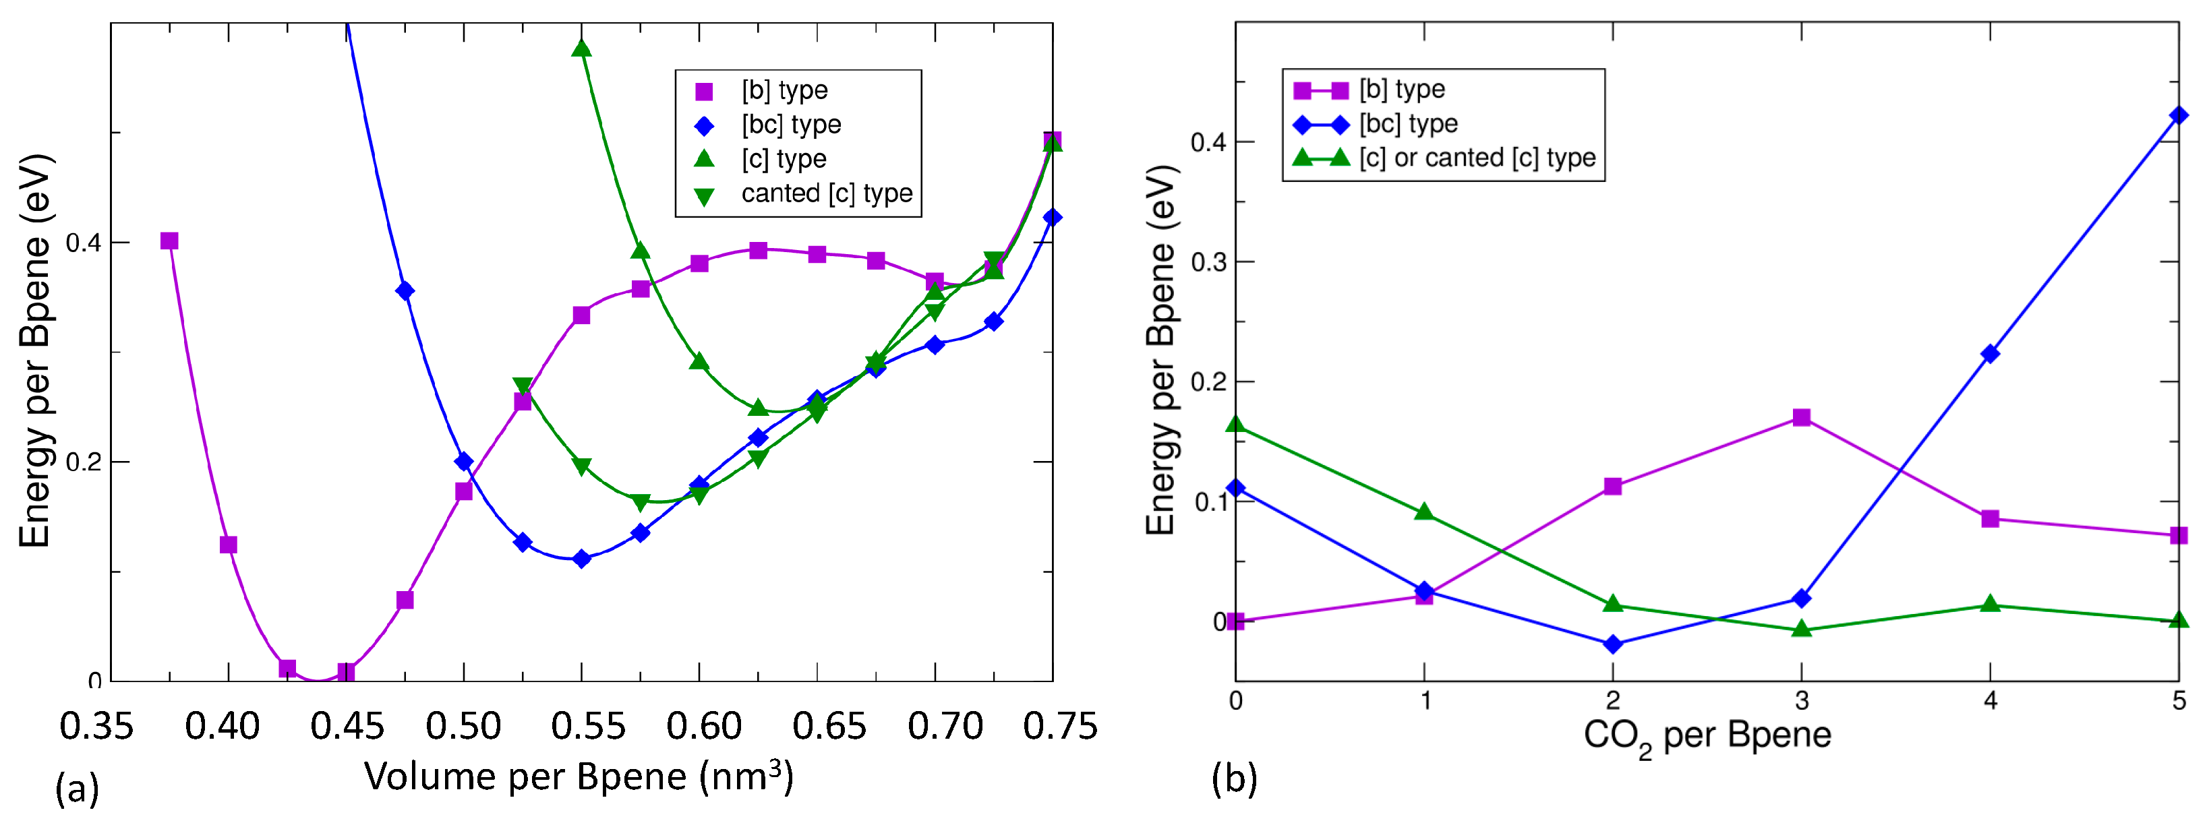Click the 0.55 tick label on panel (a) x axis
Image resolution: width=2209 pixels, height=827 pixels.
click(x=587, y=727)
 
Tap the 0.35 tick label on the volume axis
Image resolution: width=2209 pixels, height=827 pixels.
click(x=96, y=727)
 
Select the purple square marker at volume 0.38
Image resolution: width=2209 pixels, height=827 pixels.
click(x=170, y=241)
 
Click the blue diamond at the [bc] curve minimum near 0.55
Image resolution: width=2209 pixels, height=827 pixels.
click(x=581, y=559)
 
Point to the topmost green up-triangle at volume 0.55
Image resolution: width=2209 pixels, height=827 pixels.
click(x=581, y=48)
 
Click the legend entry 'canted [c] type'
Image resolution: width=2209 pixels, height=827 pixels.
click(x=826, y=193)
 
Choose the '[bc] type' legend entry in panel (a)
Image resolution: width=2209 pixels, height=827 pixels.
click(x=791, y=125)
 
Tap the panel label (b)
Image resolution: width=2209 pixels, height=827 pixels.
click(x=1234, y=778)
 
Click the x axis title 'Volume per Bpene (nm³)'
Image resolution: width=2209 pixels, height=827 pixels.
click(x=579, y=776)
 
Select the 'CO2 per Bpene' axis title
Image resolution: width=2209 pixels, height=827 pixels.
click(x=1707, y=735)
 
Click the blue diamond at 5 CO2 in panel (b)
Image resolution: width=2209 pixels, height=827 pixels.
click(x=2178, y=115)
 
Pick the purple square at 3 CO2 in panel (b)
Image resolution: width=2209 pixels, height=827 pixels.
click(x=1802, y=417)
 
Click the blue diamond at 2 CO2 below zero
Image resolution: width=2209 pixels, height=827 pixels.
click(x=1613, y=644)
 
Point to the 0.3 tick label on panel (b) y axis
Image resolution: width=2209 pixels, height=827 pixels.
click(x=1208, y=262)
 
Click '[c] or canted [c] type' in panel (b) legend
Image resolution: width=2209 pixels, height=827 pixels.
click(x=1477, y=158)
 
